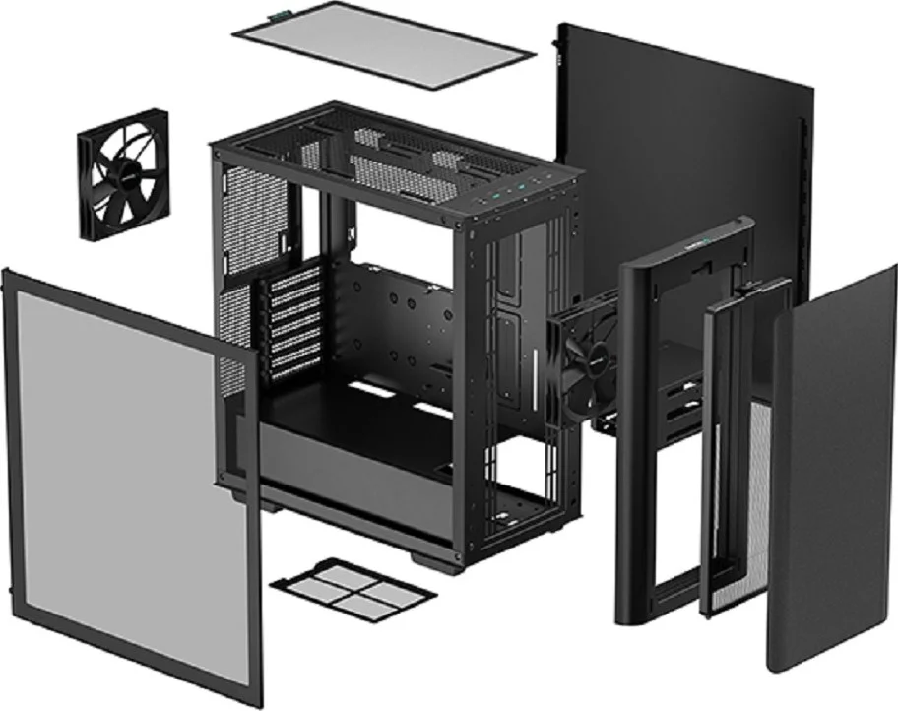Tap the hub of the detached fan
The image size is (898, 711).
pos(122,173)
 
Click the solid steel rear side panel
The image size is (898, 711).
pos(679,148)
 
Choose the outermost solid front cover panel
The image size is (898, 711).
pos(832,473)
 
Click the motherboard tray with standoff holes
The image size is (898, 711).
pos(404,325)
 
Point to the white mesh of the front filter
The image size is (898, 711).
pos(758,492)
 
